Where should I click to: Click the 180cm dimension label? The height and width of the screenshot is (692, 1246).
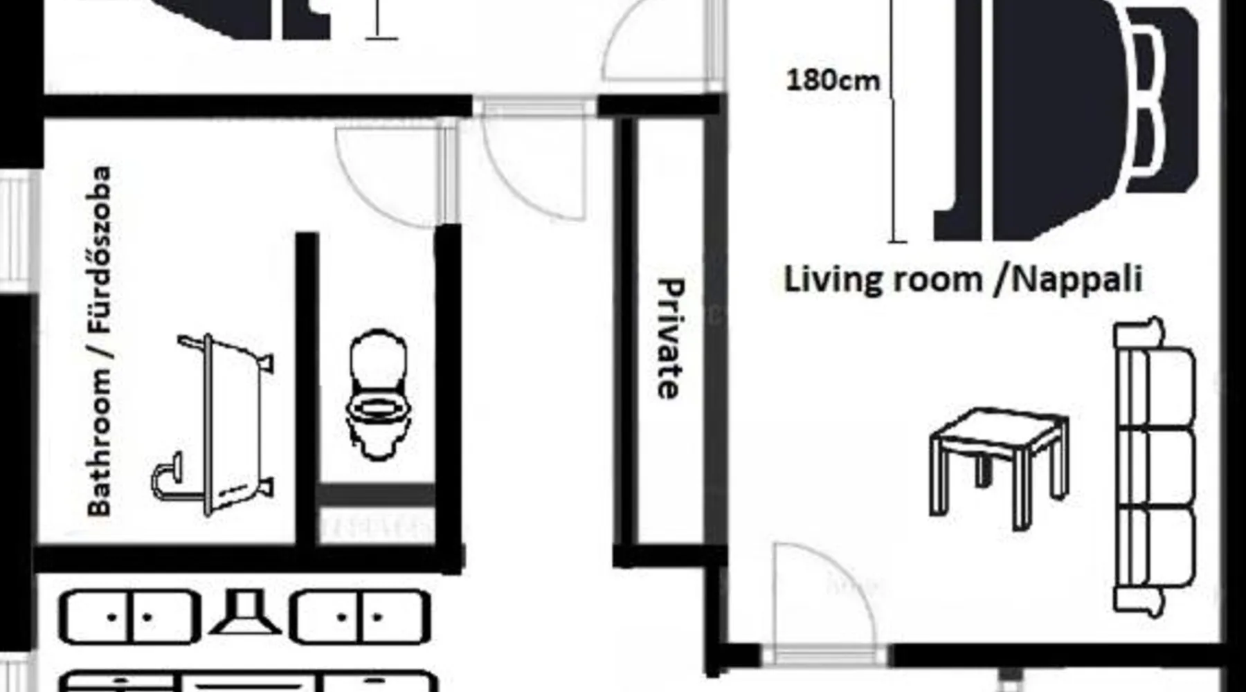(x=833, y=80)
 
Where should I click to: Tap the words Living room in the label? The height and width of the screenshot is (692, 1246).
(x=883, y=280)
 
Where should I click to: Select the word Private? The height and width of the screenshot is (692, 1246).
(x=670, y=338)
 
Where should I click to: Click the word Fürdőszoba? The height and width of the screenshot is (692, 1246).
(x=99, y=250)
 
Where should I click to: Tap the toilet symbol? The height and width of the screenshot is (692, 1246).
(x=378, y=394)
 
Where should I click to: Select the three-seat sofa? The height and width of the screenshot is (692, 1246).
(x=1154, y=467)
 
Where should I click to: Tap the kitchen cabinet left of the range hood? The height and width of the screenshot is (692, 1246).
(x=129, y=617)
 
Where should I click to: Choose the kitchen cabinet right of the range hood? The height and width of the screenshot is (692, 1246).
(x=360, y=617)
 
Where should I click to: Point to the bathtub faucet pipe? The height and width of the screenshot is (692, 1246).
(x=166, y=476)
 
